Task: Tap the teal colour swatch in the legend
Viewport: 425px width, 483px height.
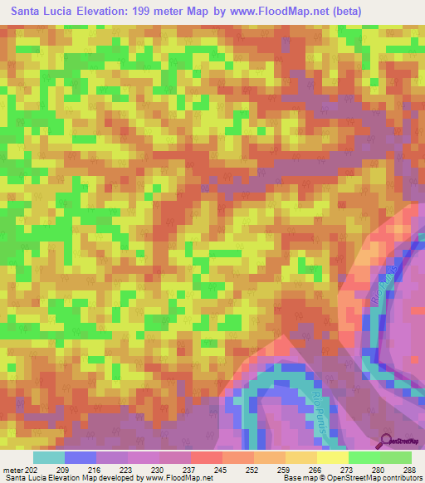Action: pyautogui.click(x=48, y=456)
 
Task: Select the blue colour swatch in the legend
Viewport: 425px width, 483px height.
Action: pyautogui.click(x=80, y=456)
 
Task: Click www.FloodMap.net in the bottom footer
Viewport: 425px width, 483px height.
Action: pyautogui.click(x=176, y=478)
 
